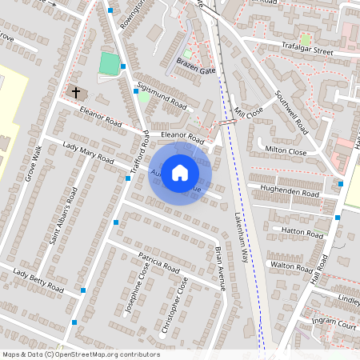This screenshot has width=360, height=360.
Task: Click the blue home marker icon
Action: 180,171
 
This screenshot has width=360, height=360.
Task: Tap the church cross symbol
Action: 77,92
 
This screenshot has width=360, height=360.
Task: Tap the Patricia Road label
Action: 158,263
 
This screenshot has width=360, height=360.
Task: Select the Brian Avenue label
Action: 220,267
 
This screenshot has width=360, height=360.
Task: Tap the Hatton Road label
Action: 297,229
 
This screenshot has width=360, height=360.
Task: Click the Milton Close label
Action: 286,150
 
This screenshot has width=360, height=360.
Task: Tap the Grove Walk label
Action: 33,163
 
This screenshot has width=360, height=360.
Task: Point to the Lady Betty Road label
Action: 38,280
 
